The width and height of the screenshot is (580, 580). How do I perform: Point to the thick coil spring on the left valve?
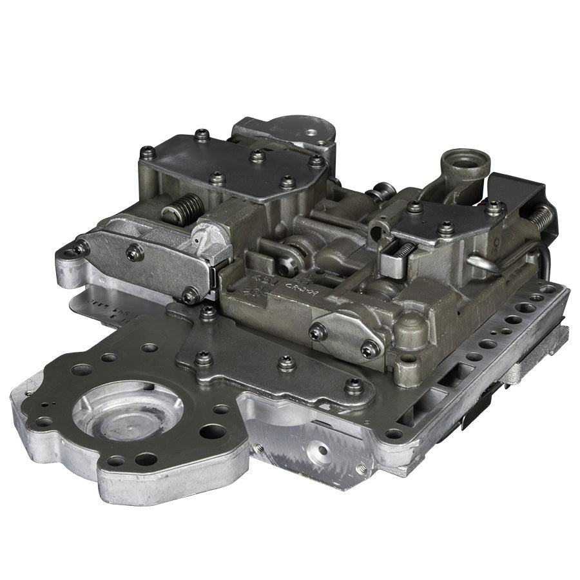click(182, 212)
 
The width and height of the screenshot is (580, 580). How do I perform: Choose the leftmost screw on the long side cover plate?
click(81, 247)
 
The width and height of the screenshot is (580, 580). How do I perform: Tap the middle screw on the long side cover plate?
click(135, 252)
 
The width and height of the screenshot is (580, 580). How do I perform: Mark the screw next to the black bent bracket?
click(494, 208)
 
